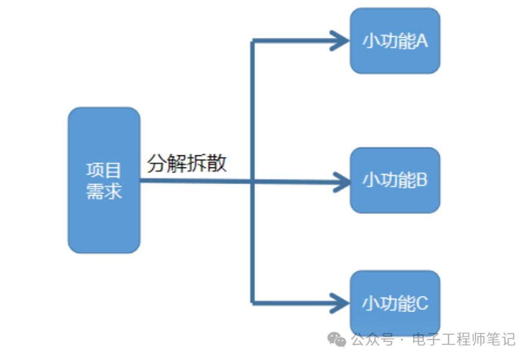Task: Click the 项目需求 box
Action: point(104,180)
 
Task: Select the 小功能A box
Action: point(395,41)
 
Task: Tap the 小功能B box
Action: point(395,180)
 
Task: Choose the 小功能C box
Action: point(395,303)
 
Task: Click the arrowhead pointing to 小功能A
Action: point(341,41)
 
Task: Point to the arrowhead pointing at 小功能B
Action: point(341,181)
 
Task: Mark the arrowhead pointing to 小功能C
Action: point(341,302)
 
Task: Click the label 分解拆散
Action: point(187,163)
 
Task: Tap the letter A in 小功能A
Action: point(421,41)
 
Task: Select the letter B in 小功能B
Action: point(422,180)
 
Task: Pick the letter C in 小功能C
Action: point(422,304)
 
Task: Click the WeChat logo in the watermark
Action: point(337,340)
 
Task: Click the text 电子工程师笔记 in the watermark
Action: point(464,340)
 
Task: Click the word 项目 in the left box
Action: point(104,170)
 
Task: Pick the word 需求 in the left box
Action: point(104,191)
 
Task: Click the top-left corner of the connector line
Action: point(253,41)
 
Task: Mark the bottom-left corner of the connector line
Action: point(253,302)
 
